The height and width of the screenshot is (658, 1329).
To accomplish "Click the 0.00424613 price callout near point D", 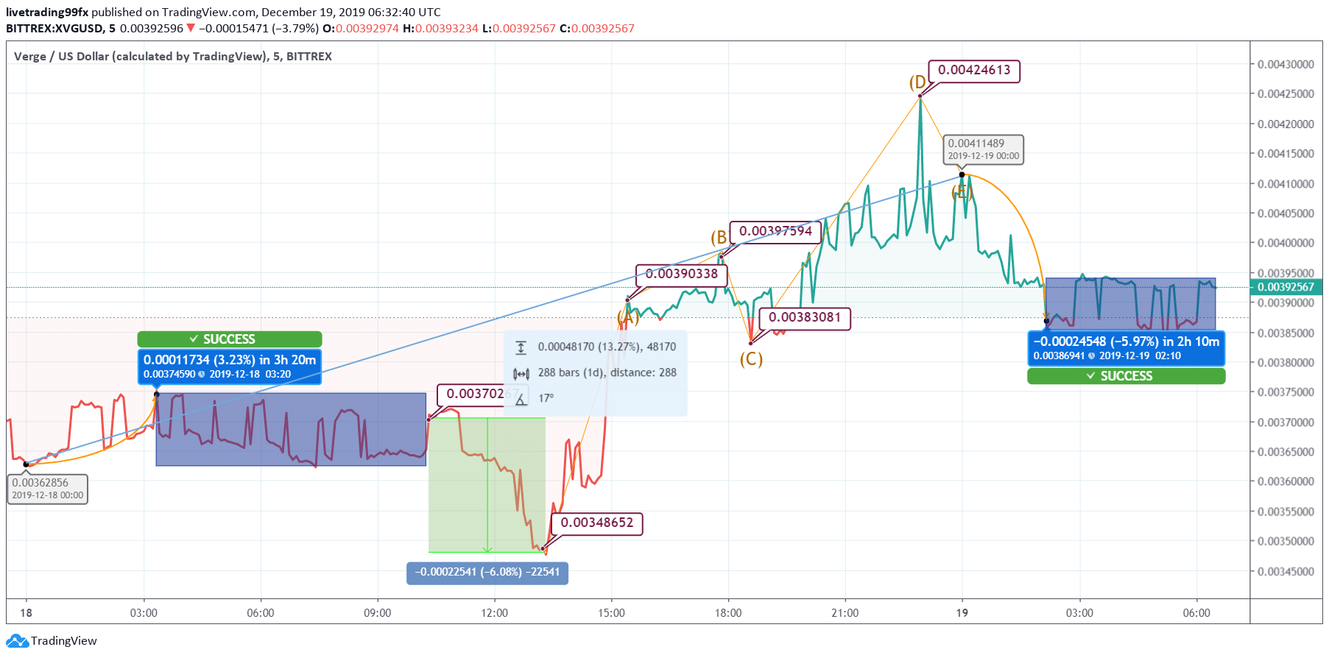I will [x=973, y=71].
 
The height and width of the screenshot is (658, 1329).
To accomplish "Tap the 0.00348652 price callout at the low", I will [x=596, y=523].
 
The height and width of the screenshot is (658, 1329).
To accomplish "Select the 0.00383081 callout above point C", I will [x=804, y=318].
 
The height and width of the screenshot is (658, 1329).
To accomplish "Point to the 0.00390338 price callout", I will [x=681, y=275].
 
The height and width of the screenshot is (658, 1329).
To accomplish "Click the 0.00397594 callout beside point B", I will [x=775, y=231].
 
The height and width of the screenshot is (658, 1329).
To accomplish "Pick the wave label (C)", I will [x=751, y=359].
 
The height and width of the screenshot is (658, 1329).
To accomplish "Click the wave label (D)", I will [x=917, y=82].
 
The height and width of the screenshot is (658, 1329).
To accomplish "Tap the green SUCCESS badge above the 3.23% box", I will [x=229, y=339].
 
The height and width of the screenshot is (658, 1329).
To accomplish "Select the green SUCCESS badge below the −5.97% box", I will [x=1126, y=376].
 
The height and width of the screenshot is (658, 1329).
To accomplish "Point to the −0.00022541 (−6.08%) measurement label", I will [x=487, y=573].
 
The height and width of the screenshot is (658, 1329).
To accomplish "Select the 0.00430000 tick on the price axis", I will [x=1285, y=65].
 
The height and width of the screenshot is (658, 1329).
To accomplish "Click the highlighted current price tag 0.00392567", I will [x=1285, y=287].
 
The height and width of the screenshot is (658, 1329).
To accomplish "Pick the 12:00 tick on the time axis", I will [x=494, y=613].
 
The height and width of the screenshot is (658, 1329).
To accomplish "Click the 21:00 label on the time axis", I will [x=845, y=613].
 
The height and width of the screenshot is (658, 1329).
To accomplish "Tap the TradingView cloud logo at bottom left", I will [x=17, y=641].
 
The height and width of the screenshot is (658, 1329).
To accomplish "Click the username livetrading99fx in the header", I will [x=47, y=13].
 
